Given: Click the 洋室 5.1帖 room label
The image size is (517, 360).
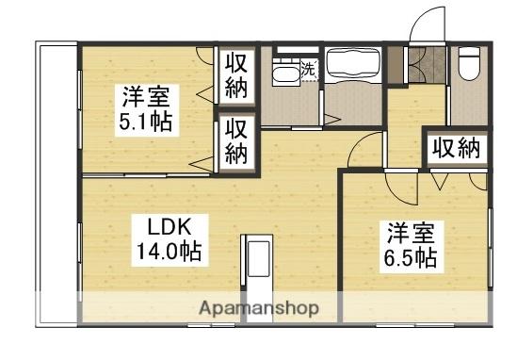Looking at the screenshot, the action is tap(146, 110).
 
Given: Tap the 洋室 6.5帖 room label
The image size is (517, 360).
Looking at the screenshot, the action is tap(411, 247).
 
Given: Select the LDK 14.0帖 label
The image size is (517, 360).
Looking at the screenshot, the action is tap(170, 240).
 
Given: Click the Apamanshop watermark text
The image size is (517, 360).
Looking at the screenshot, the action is tap(260, 308).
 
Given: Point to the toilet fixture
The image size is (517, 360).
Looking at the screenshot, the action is tap(469, 64).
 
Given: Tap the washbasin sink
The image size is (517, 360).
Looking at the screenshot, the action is tap(285, 74).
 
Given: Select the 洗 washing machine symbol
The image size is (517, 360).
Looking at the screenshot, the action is tap(310, 70).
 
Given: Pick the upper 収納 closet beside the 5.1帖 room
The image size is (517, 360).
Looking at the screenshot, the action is tap(236, 76).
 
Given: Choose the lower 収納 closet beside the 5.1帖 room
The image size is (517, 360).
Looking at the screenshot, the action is tap(236, 142).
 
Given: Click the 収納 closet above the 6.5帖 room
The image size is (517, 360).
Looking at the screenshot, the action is tap(457, 149).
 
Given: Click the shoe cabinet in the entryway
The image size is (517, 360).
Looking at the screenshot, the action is tap(395, 65).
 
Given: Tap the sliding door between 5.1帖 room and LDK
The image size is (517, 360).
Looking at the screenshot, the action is tap(146, 175).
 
